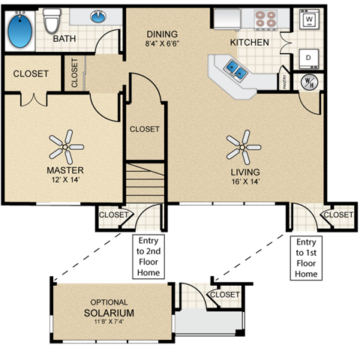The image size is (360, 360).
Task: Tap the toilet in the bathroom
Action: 51,22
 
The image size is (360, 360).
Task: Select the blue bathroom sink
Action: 98,16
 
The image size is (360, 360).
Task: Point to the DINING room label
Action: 162,34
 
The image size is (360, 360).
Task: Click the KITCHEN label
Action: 249,42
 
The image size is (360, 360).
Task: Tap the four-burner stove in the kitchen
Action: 265,18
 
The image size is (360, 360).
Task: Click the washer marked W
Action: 308,20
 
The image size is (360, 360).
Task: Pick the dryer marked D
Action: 308,56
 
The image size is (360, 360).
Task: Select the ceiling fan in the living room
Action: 243,145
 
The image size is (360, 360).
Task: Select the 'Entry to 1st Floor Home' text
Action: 306,258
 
